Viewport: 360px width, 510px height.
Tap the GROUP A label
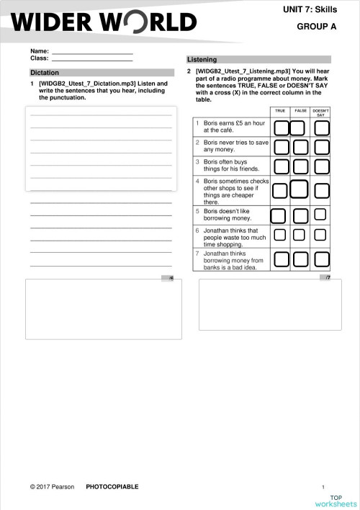click(x=317, y=26)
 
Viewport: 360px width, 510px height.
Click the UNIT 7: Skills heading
click(x=315, y=7)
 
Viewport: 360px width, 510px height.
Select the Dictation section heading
click(x=45, y=73)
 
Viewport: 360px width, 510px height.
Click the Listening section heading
click(x=202, y=59)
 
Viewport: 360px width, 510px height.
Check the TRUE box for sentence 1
click(x=280, y=127)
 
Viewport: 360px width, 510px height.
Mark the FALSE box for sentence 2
click(x=301, y=147)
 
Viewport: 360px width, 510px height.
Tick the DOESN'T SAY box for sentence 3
click(x=321, y=166)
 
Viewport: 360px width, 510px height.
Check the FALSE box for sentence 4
click(x=301, y=190)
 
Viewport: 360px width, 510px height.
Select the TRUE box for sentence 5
click(x=279, y=215)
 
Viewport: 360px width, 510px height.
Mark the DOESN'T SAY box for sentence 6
click(x=320, y=235)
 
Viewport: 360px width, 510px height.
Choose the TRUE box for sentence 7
click(x=280, y=259)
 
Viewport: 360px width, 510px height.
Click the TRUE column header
click(x=280, y=111)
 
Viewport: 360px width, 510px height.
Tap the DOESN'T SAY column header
click(x=321, y=112)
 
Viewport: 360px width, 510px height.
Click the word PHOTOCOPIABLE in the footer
click(x=112, y=487)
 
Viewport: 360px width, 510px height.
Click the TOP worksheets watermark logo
click(x=336, y=501)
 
